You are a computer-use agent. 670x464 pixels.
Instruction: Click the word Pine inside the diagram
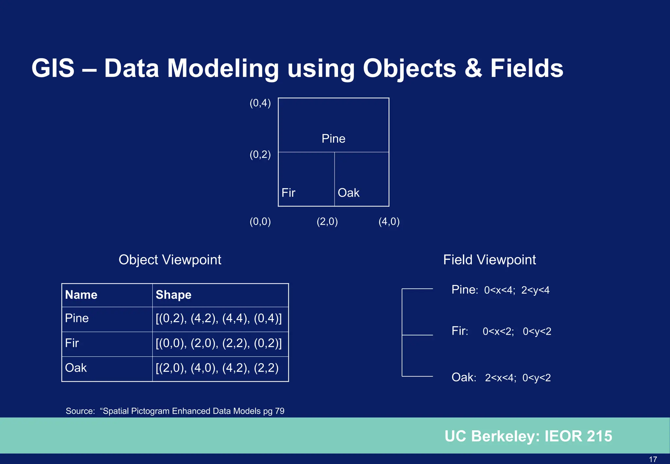point(333,139)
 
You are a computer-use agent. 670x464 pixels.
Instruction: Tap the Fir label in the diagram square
point(288,193)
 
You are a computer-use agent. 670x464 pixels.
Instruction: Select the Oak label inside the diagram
point(348,193)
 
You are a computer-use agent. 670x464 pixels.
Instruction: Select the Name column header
point(81,295)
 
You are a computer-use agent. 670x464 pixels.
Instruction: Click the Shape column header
point(173,295)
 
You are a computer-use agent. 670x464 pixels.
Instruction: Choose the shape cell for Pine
point(219,318)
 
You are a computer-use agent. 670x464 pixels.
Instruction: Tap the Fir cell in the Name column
point(72,343)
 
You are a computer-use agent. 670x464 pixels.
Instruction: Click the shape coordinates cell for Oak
point(217,368)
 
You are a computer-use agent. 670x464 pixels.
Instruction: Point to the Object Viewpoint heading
point(170,260)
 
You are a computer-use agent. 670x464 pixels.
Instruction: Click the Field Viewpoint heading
point(489,260)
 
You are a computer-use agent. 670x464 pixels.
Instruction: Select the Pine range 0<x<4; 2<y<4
point(517,290)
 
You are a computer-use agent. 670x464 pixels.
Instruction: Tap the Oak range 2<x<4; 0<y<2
point(518,378)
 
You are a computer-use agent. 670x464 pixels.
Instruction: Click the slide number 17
point(653,459)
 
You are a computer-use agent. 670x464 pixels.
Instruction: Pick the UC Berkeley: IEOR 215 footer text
point(528,436)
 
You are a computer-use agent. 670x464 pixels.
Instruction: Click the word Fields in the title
point(526,68)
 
